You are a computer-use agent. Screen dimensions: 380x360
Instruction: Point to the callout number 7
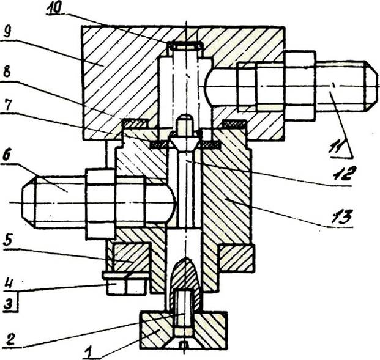pos(6,106)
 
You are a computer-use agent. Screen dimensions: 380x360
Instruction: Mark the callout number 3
pos(8,303)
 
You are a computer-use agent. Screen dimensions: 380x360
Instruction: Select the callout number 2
pos(9,340)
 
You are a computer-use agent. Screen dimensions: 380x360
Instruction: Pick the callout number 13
pos(342,216)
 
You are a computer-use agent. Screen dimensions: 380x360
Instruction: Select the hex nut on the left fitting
pos(100,205)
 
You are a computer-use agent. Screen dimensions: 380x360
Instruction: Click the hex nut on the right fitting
pos(300,86)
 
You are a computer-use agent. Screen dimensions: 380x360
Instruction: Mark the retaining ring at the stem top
pos(185,46)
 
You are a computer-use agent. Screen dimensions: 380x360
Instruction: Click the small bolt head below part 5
pos(126,286)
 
